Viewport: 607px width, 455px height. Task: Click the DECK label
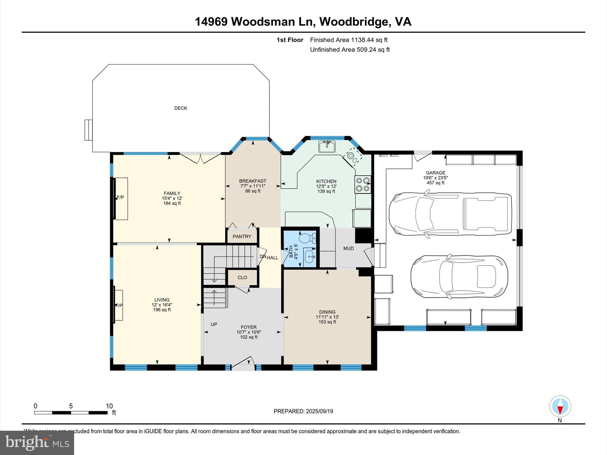[x=180, y=108]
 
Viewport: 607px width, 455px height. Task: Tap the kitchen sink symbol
[x=327, y=146]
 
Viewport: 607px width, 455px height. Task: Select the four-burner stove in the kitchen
[x=363, y=184]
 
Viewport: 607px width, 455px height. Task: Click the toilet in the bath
[x=307, y=238]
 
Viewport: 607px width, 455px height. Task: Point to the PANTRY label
[x=242, y=236]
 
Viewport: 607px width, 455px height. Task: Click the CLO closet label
[x=242, y=278]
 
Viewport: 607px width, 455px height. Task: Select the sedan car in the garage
[x=459, y=277]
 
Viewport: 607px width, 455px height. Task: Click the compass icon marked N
[x=560, y=406]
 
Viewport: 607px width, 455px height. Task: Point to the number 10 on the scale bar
[x=109, y=406]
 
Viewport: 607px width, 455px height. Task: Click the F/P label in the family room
[x=120, y=197]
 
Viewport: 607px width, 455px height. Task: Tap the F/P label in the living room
[x=119, y=305]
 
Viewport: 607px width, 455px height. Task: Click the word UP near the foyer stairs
[x=214, y=324]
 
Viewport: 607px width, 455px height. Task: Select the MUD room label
[x=349, y=248]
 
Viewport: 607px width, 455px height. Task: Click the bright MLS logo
[x=37, y=443]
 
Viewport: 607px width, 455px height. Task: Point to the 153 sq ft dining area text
[x=327, y=322]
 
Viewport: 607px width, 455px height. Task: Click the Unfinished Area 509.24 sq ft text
[x=349, y=49]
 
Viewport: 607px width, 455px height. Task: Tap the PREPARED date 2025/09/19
[x=303, y=411]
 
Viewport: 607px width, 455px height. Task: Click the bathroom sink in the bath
[x=310, y=255]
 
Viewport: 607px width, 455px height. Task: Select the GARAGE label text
[x=435, y=173]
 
